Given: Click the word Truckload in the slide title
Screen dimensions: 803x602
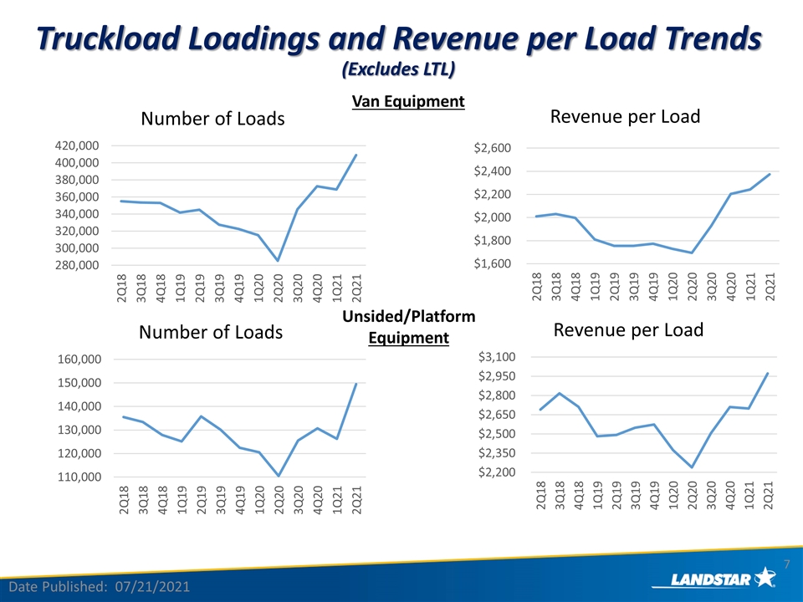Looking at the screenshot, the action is click(x=108, y=39).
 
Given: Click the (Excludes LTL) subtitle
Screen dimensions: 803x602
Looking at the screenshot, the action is click(x=398, y=69).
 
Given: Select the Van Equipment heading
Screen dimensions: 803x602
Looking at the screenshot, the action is click(x=408, y=101).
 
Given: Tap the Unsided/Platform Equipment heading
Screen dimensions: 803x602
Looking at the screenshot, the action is click(x=409, y=327).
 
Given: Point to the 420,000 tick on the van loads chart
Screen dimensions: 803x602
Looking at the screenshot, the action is click(x=77, y=145).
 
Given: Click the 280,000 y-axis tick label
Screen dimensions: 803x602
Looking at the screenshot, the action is click(x=77, y=265).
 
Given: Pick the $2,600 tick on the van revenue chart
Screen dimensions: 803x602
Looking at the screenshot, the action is click(x=492, y=148).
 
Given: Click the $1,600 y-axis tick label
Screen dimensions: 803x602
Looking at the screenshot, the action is click(x=492, y=263).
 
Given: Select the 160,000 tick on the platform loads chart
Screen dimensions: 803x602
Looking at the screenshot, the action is click(x=79, y=360).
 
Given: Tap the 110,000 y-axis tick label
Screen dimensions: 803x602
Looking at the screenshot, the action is click(x=79, y=477).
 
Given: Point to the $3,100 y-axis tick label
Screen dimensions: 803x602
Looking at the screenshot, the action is click(x=497, y=357).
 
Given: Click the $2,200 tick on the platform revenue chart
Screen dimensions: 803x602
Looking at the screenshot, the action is click(x=497, y=472).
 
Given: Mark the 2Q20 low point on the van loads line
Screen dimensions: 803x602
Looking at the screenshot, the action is click(x=278, y=261).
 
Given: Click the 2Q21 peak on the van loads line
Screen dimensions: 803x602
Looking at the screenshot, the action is click(x=356, y=155).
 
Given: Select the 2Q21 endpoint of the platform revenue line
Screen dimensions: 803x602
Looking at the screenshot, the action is click(x=768, y=373).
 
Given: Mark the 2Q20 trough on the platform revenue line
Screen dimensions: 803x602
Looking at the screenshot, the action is click(x=692, y=467).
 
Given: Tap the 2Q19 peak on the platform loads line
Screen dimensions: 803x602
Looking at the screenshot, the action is click(x=202, y=416).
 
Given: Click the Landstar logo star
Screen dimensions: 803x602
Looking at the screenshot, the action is click(x=765, y=577).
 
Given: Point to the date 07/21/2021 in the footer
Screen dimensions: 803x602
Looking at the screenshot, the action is click(x=152, y=587).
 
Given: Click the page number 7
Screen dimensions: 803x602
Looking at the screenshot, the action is click(x=787, y=564).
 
